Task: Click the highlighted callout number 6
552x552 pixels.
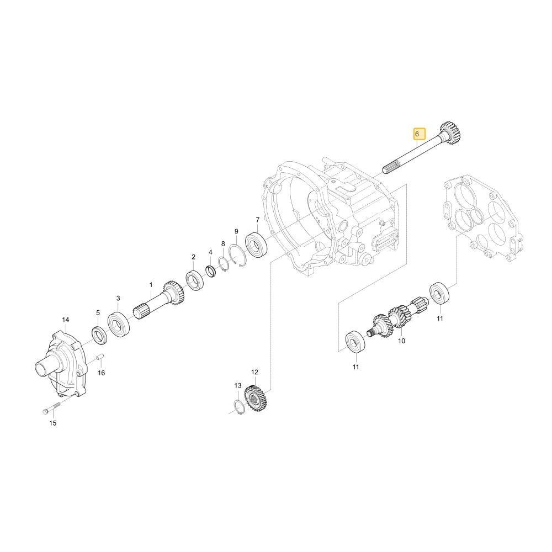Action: (418, 134)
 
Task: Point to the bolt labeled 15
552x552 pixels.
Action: (51, 408)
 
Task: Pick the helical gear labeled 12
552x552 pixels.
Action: (256, 398)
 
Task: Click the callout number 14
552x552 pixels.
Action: (66, 320)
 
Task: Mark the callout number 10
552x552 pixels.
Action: (401, 341)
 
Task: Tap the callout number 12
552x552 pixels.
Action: (255, 371)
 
